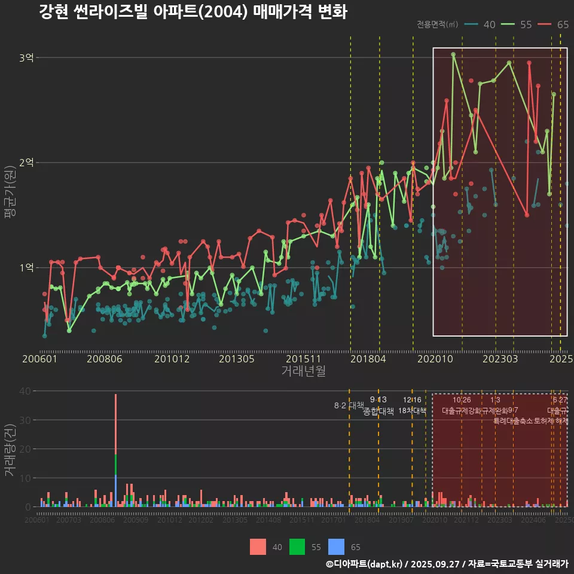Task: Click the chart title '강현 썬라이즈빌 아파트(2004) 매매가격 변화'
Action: [x=193, y=12]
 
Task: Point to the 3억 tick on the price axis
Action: [x=27, y=58]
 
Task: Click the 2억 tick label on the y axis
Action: [x=27, y=163]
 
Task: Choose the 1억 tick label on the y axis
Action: [x=27, y=268]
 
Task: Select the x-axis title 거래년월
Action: [x=303, y=371]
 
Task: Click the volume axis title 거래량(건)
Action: [x=10, y=450]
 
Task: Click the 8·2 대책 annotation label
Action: [x=349, y=405]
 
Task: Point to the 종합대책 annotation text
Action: [x=378, y=411]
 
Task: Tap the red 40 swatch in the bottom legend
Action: [x=258, y=546]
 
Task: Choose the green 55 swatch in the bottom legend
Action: [x=297, y=546]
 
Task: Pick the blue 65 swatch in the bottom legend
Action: [x=337, y=546]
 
